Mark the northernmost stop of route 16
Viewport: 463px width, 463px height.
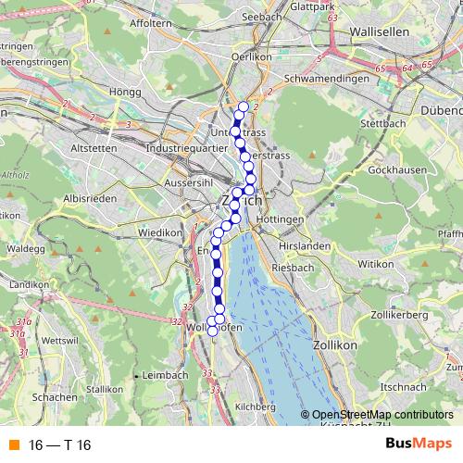(244, 106)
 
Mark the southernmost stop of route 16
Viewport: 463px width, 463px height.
(212, 331)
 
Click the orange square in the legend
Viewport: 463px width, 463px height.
(13, 445)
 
